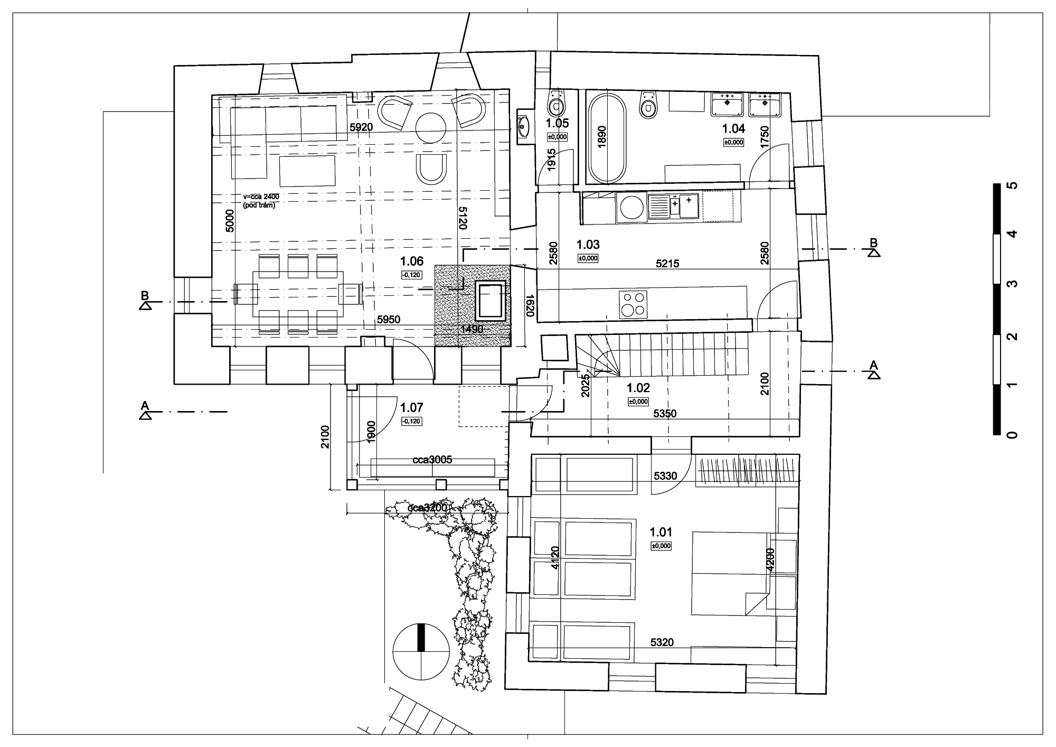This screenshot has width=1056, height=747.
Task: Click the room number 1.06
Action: click(x=412, y=261)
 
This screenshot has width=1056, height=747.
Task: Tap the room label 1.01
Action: click(x=661, y=532)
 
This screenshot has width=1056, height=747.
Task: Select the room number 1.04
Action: click(x=733, y=128)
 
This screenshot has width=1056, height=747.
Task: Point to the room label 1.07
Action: click(x=412, y=407)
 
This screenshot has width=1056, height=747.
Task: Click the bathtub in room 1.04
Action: click(x=607, y=138)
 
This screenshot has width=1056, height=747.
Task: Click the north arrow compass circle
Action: click(x=421, y=652)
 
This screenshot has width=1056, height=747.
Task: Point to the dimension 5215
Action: click(x=667, y=264)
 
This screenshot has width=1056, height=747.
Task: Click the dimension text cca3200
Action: click(x=427, y=508)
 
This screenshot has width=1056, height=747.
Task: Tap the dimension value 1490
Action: click(x=472, y=329)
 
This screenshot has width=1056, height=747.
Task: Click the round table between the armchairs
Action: click(x=432, y=127)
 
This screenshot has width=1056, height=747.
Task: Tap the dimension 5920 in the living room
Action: click(x=361, y=127)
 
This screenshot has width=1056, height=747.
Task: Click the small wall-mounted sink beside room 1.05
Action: click(x=523, y=126)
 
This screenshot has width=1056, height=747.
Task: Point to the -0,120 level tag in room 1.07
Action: click(x=411, y=421)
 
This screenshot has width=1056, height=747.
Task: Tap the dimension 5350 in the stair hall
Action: click(x=664, y=414)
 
